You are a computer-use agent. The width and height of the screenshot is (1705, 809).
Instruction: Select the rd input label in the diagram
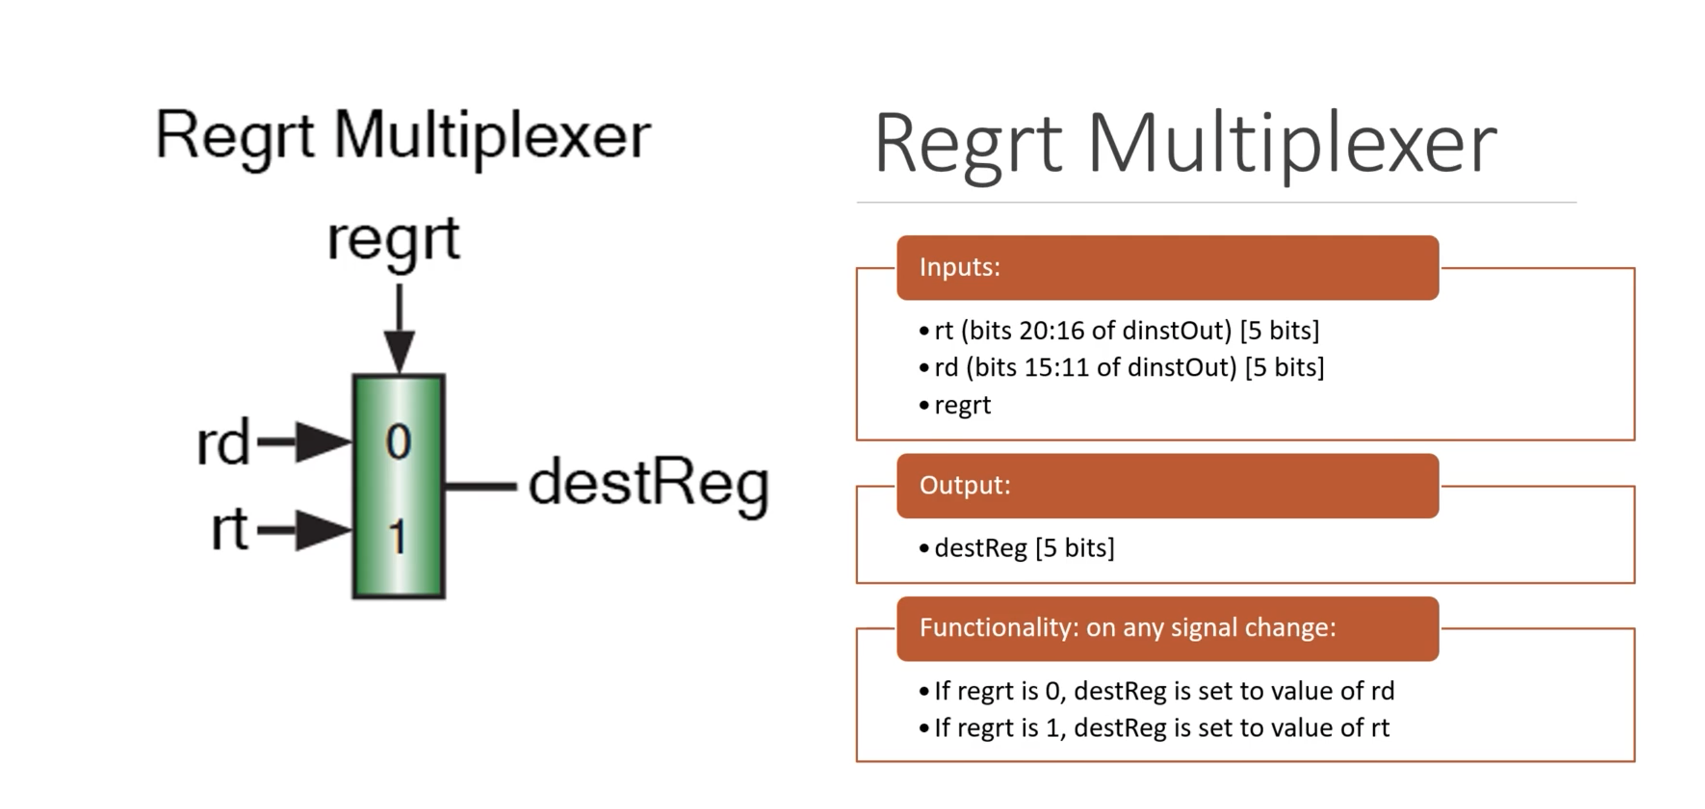[x=223, y=442]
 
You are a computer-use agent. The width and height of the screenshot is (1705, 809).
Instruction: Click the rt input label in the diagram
[x=229, y=530]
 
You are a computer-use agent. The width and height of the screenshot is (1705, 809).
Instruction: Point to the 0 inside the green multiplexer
[x=398, y=442]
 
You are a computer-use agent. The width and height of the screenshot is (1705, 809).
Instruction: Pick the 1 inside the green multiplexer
[x=397, y=535]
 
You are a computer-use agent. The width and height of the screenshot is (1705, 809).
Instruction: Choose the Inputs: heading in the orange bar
[x=959, y=267]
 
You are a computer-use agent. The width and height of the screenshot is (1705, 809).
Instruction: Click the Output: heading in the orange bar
[x=964, y=485]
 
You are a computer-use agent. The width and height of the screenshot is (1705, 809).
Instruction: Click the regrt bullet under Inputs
[x=962, y=405]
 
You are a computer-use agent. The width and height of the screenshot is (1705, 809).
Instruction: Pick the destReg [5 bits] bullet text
[x=1024, y=548]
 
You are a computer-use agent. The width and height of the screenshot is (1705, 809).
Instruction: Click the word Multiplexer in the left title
[x=492, y=136]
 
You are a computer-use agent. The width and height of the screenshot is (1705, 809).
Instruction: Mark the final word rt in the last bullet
[x=1380, y=727]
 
